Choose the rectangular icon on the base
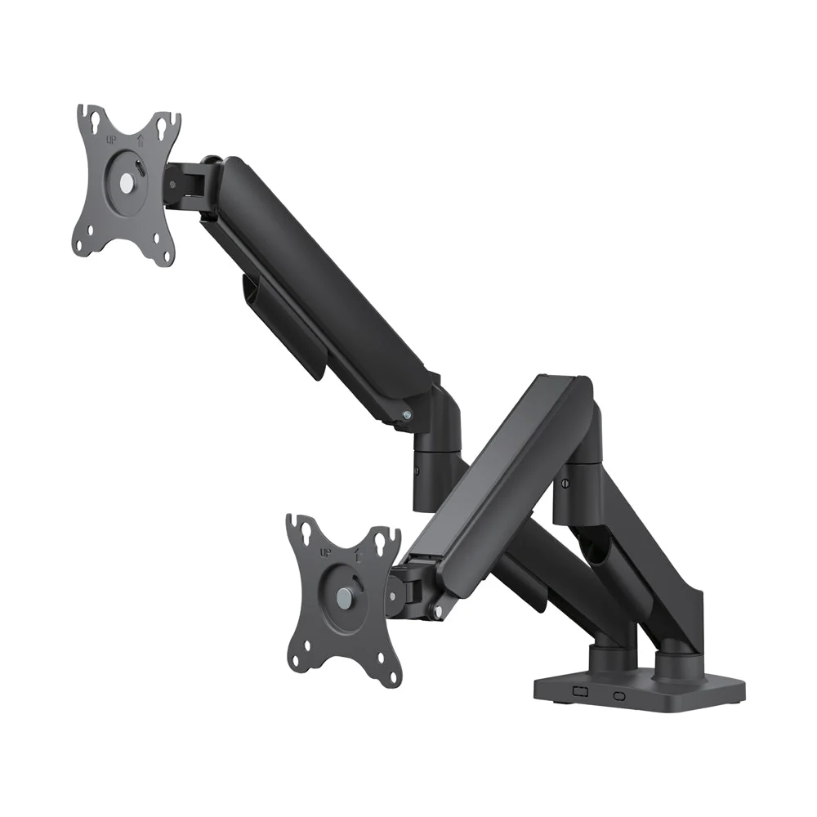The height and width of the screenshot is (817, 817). [581, 691]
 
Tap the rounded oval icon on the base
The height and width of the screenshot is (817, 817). [618, 696]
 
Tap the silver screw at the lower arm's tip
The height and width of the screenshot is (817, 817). [440, 609]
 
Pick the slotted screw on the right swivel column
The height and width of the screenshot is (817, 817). [565, 484]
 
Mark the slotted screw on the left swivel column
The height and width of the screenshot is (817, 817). [417, 471]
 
